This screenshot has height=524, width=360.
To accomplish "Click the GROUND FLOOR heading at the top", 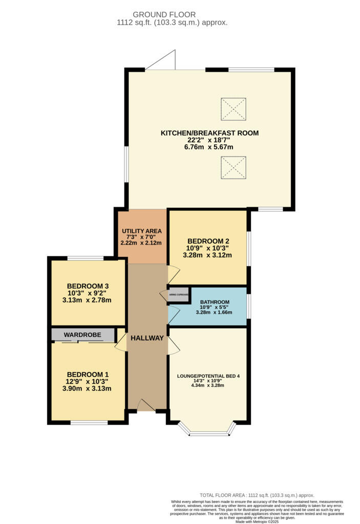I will [x=164, y=14].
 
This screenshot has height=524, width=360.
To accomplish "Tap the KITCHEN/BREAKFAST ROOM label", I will [x=209, y=133].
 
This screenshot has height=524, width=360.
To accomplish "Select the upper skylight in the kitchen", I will [x=233, y=108].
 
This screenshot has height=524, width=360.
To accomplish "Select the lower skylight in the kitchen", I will [x=233, y=167].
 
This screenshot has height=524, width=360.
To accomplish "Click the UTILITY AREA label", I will [x=141, y=231].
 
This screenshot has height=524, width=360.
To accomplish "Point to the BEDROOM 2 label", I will [x=208, y=241].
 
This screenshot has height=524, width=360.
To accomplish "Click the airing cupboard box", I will [x=178, y=295].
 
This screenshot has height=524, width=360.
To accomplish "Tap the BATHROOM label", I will [x=215, y=302].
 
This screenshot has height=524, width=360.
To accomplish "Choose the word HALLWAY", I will [x=147, y=338].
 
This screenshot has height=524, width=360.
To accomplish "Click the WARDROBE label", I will [x=83, y=335].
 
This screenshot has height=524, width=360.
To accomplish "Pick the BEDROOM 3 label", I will [x=88, y=286].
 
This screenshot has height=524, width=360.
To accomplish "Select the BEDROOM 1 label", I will [x=88, y=374].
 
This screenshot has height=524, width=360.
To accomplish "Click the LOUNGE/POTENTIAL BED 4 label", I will [x=208, y=377].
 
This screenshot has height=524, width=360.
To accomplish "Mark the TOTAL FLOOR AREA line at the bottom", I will [x=257, y=495].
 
